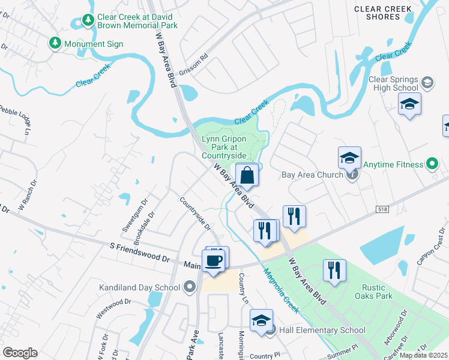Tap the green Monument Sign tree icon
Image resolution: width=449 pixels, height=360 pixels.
tap(55, 44)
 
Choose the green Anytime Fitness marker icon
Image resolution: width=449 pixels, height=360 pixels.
tap(432, 163)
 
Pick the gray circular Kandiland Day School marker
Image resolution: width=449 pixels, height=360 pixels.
tap(190, 287)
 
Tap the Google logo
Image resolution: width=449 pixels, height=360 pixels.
tap(20, 353)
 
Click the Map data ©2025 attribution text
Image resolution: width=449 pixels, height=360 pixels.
tap(423, 355)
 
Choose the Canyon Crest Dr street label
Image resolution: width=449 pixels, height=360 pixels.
tap(433, 247)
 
